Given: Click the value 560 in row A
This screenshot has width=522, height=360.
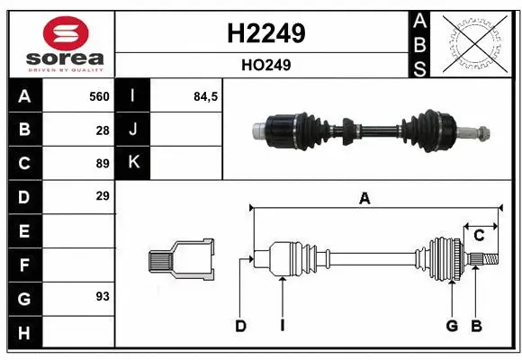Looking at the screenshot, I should point(99,95).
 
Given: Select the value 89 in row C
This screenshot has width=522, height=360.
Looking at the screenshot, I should point(103,163).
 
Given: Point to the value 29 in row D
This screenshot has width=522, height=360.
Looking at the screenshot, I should point(103,195).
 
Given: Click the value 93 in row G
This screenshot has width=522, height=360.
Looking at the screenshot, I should point(103,295).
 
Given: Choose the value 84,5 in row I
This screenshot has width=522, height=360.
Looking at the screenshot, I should point(206,95).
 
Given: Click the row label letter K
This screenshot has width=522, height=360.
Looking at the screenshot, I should point(133,163).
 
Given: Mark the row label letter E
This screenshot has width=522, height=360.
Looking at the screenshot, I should point(23,230).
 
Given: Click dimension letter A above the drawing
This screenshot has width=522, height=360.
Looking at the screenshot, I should point(364,199).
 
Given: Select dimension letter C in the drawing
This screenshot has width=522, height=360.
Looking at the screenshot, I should point(479,236).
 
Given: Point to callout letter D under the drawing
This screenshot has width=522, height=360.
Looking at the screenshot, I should point(240,326).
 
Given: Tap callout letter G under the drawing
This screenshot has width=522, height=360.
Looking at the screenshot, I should point(452,326).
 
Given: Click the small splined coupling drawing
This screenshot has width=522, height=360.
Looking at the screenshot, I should point(182,260).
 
